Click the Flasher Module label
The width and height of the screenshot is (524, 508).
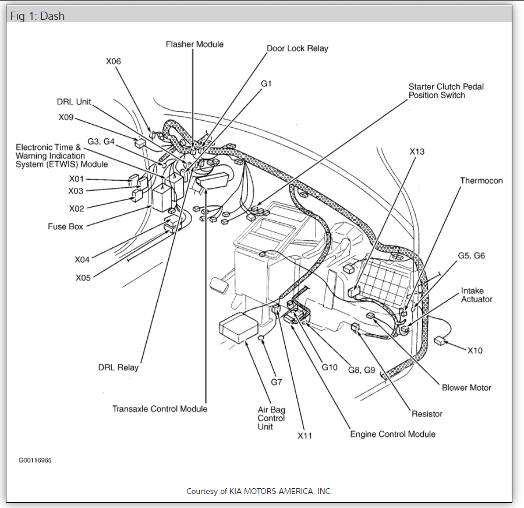click(194, 44)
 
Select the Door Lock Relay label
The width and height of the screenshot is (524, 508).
click(297, 48)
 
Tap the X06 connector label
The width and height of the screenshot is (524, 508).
click(114, 61)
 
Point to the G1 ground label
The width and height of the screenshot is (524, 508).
click(266, 83)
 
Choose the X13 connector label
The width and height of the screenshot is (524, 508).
click(417, 152)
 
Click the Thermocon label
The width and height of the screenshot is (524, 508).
click(481, 181)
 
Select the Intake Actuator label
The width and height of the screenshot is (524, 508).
click(476, 295)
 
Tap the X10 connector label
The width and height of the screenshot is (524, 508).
click(475, 351)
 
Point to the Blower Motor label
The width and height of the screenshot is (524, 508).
click(466, 387)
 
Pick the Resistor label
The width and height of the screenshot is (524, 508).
click(427, 414)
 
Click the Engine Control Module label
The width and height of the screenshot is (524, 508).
click(392, 434)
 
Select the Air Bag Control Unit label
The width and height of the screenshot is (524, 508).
click(271, 418)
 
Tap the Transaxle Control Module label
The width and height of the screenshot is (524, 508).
click(160, 409)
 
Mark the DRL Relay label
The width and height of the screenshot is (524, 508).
click(119, 367)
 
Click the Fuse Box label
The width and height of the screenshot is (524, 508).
click(65, 226)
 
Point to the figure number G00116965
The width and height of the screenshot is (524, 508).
click(35, 460)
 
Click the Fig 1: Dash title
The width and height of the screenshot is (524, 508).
click(37, 16)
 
